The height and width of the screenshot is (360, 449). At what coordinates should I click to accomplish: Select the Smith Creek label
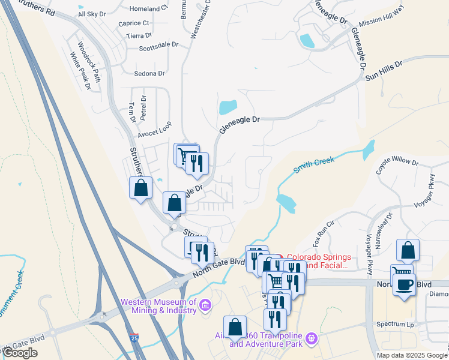[313, 164]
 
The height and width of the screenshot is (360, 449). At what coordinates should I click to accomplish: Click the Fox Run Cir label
[322, 238]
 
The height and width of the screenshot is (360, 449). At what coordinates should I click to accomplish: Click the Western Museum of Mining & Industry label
[158, 306]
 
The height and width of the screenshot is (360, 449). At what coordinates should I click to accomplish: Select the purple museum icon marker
[205, 306]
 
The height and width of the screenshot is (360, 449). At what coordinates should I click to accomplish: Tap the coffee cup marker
[405, 284]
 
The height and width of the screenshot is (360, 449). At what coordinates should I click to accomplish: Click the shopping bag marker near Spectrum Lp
[408, 251]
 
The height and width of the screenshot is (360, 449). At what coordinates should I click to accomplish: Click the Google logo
[20, 353]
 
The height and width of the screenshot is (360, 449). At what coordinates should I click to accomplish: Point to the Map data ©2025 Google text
[412, 355]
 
